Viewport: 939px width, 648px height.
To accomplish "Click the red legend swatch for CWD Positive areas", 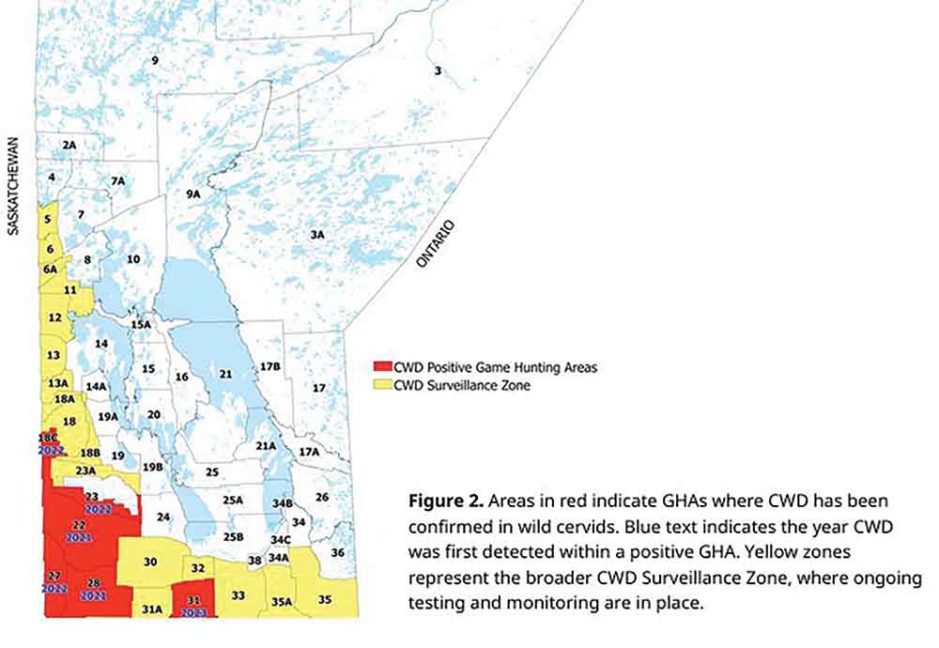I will [382, 367].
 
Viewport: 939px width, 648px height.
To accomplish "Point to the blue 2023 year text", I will [193, 611].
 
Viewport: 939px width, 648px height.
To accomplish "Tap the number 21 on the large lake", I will [225, 374].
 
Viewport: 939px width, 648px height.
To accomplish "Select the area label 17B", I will [270, 365].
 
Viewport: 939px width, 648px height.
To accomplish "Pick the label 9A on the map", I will [193, 193].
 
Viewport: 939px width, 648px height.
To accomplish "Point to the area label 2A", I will [69, 145].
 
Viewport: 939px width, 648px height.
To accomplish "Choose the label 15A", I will [141, 324].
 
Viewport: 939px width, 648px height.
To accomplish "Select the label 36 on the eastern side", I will [337, 552].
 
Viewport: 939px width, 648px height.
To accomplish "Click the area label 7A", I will [116, 180].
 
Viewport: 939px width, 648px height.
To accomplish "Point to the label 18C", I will [48, 439].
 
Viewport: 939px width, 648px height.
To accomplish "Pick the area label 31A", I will [152, 609].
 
